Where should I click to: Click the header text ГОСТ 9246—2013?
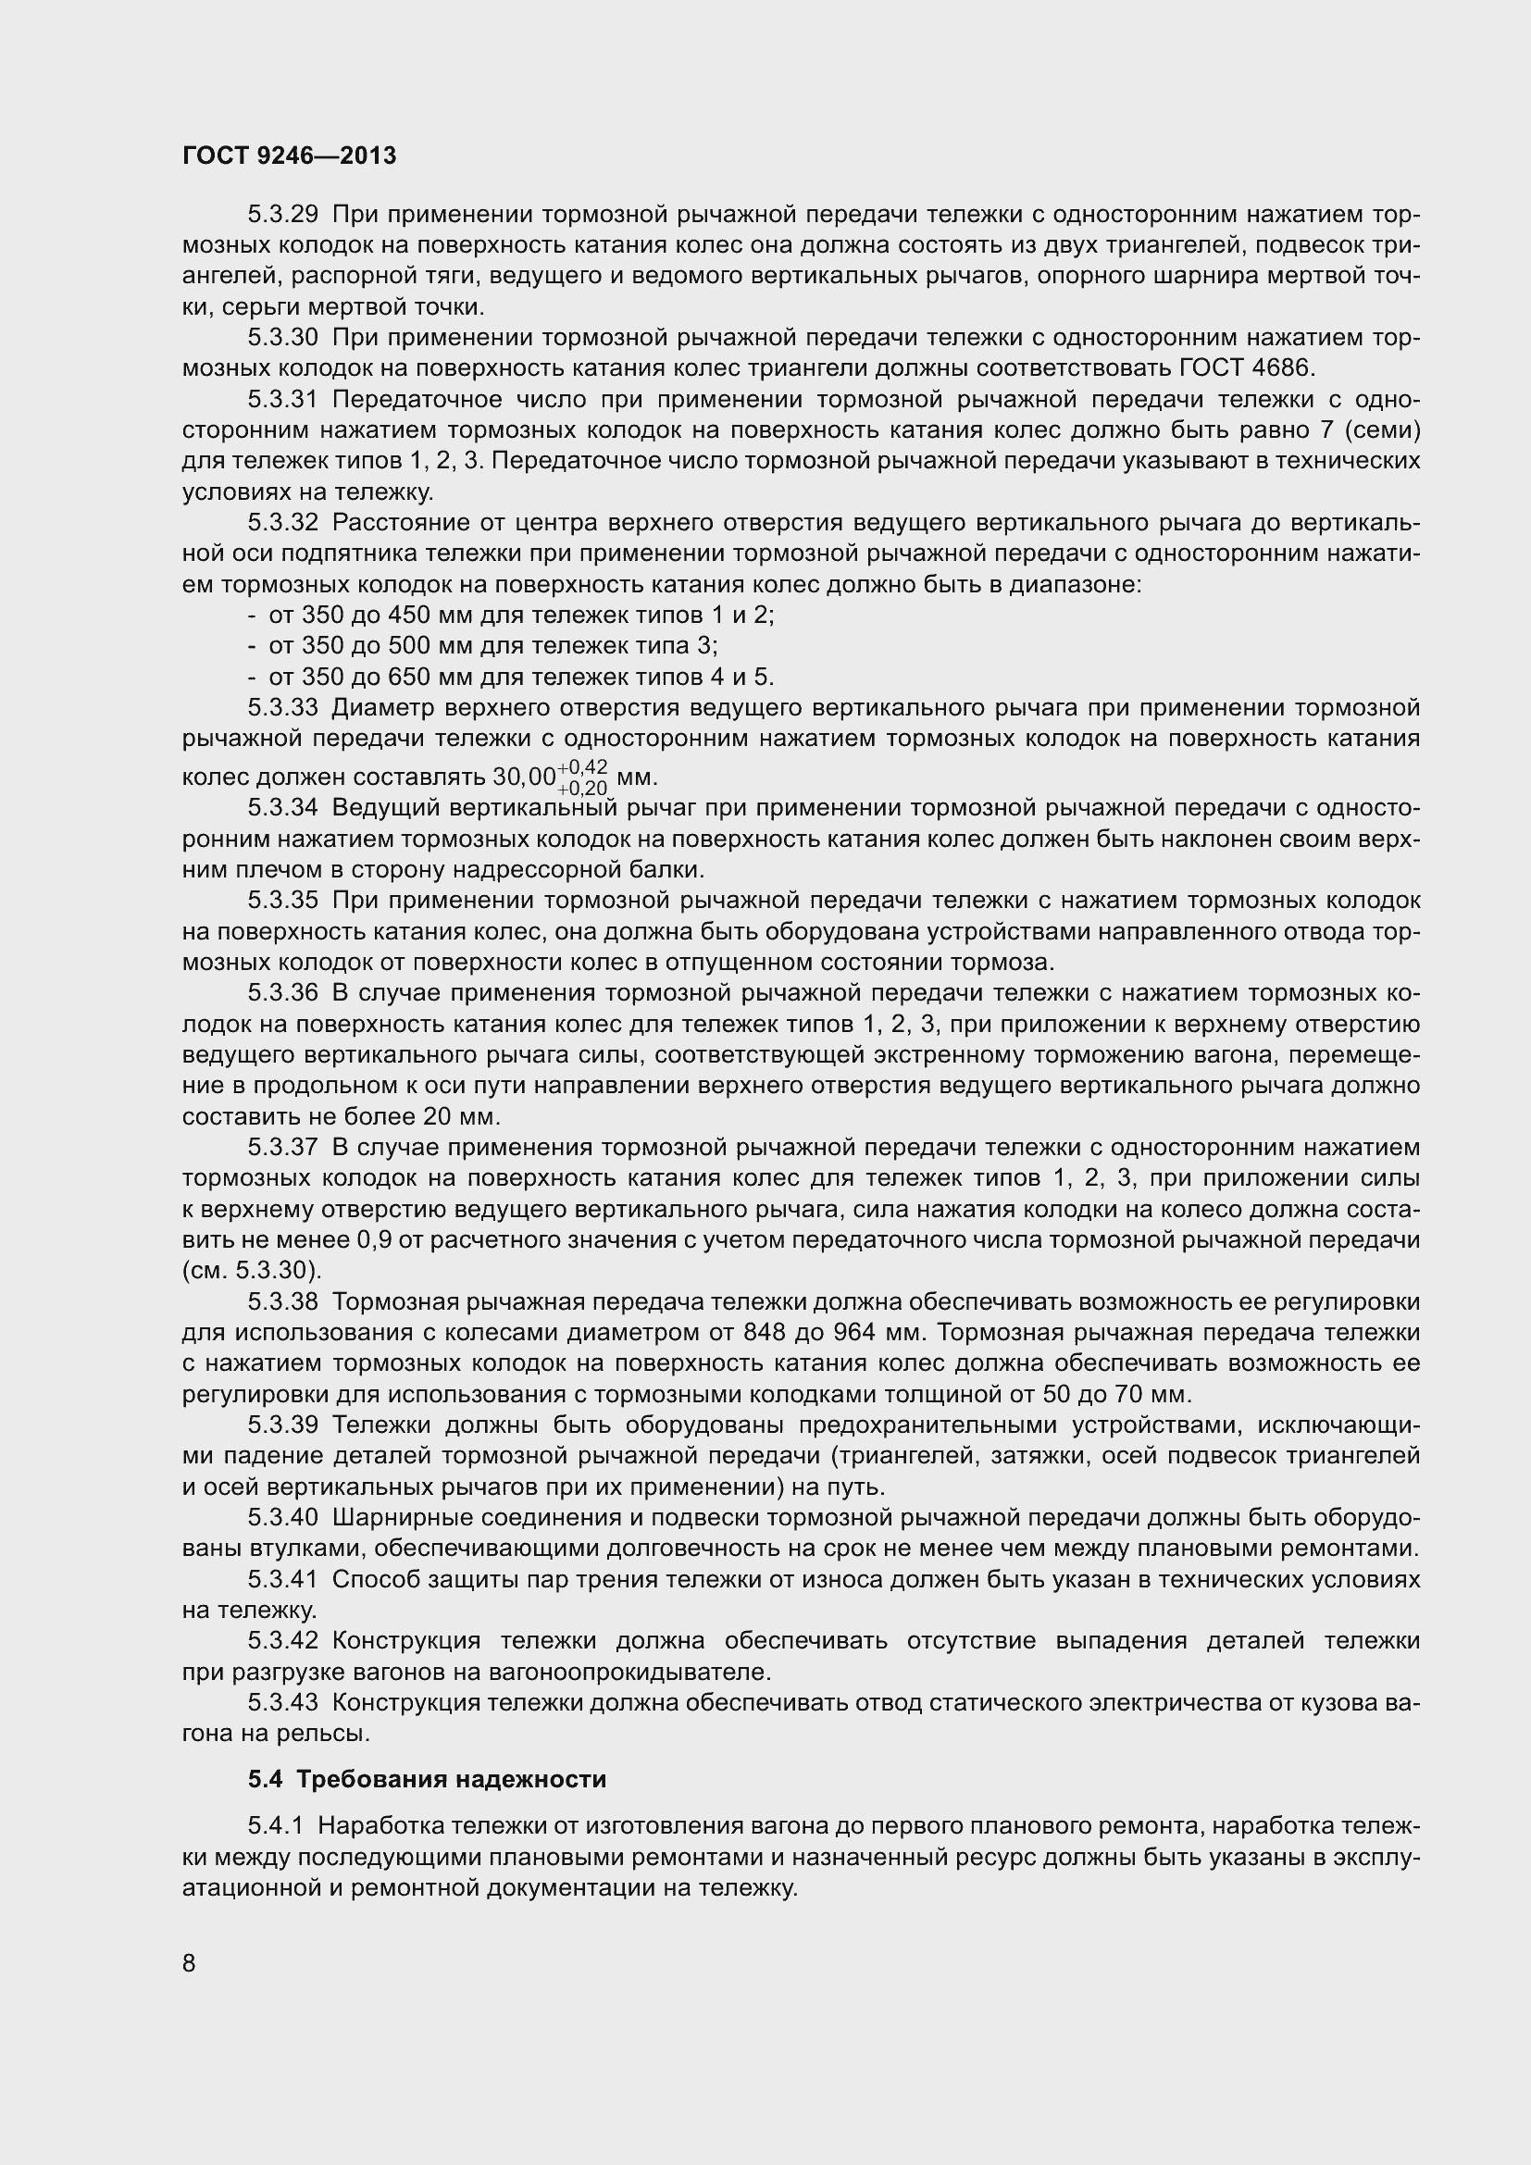[x=289, y=156]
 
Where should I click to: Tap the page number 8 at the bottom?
[x=189, y=1962]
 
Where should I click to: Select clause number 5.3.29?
[x=283, y=214]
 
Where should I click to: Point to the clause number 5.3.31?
[x=283, y=399]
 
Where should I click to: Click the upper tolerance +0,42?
[x=582, y=765]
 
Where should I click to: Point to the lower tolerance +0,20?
[x=582, y=788]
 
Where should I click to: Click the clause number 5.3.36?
[x=283, y=993]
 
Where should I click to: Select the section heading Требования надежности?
[x=451, y=1779]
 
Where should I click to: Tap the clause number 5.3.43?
[x=283, y=1703]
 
